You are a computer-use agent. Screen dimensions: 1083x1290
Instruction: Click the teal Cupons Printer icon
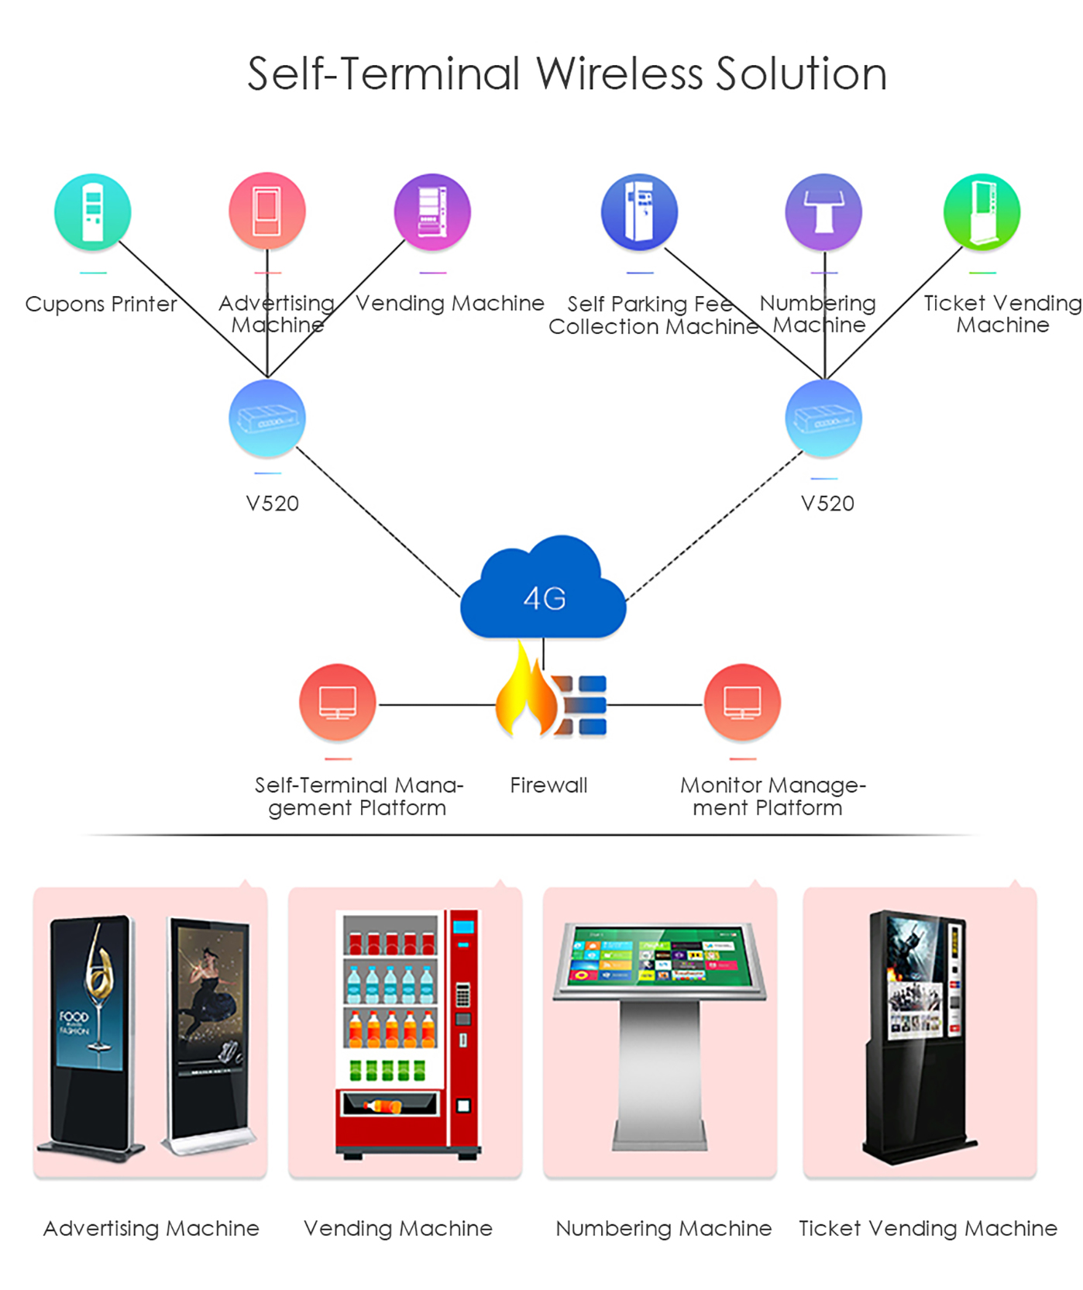click(x=93, y=212)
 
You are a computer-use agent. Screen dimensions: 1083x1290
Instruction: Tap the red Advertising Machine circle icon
click(x=267, y=211)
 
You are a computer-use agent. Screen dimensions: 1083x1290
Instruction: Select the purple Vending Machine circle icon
click(x=432, y=212)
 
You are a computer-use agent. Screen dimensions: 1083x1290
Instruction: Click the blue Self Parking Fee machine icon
click(x=640, y=212)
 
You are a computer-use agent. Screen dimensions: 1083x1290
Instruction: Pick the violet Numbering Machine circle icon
click(x=823, y=212)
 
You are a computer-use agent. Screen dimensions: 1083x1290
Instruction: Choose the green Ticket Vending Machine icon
click(x=982, y=212)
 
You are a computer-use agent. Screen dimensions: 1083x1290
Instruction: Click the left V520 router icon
click(x=267, y=418)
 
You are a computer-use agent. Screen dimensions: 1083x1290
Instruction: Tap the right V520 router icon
click(x=823, y=418)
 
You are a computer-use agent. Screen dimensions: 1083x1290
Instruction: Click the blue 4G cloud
click(x=543, y=589)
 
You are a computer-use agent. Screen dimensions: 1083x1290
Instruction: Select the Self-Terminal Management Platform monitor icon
click(x=338, y=703)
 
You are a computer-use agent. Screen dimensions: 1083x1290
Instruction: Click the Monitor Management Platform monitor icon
click(x=742, y=703)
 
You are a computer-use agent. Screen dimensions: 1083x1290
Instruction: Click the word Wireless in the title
click(x=619, y=74)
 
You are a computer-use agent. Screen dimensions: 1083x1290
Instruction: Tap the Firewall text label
click(x=548, y=785)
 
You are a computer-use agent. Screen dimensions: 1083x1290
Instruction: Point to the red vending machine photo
click(x=407, y=1034)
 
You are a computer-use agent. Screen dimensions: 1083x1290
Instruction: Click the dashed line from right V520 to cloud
click(x=714, y=525)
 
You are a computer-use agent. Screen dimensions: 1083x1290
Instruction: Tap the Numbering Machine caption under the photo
click(x=664, y=1228)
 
